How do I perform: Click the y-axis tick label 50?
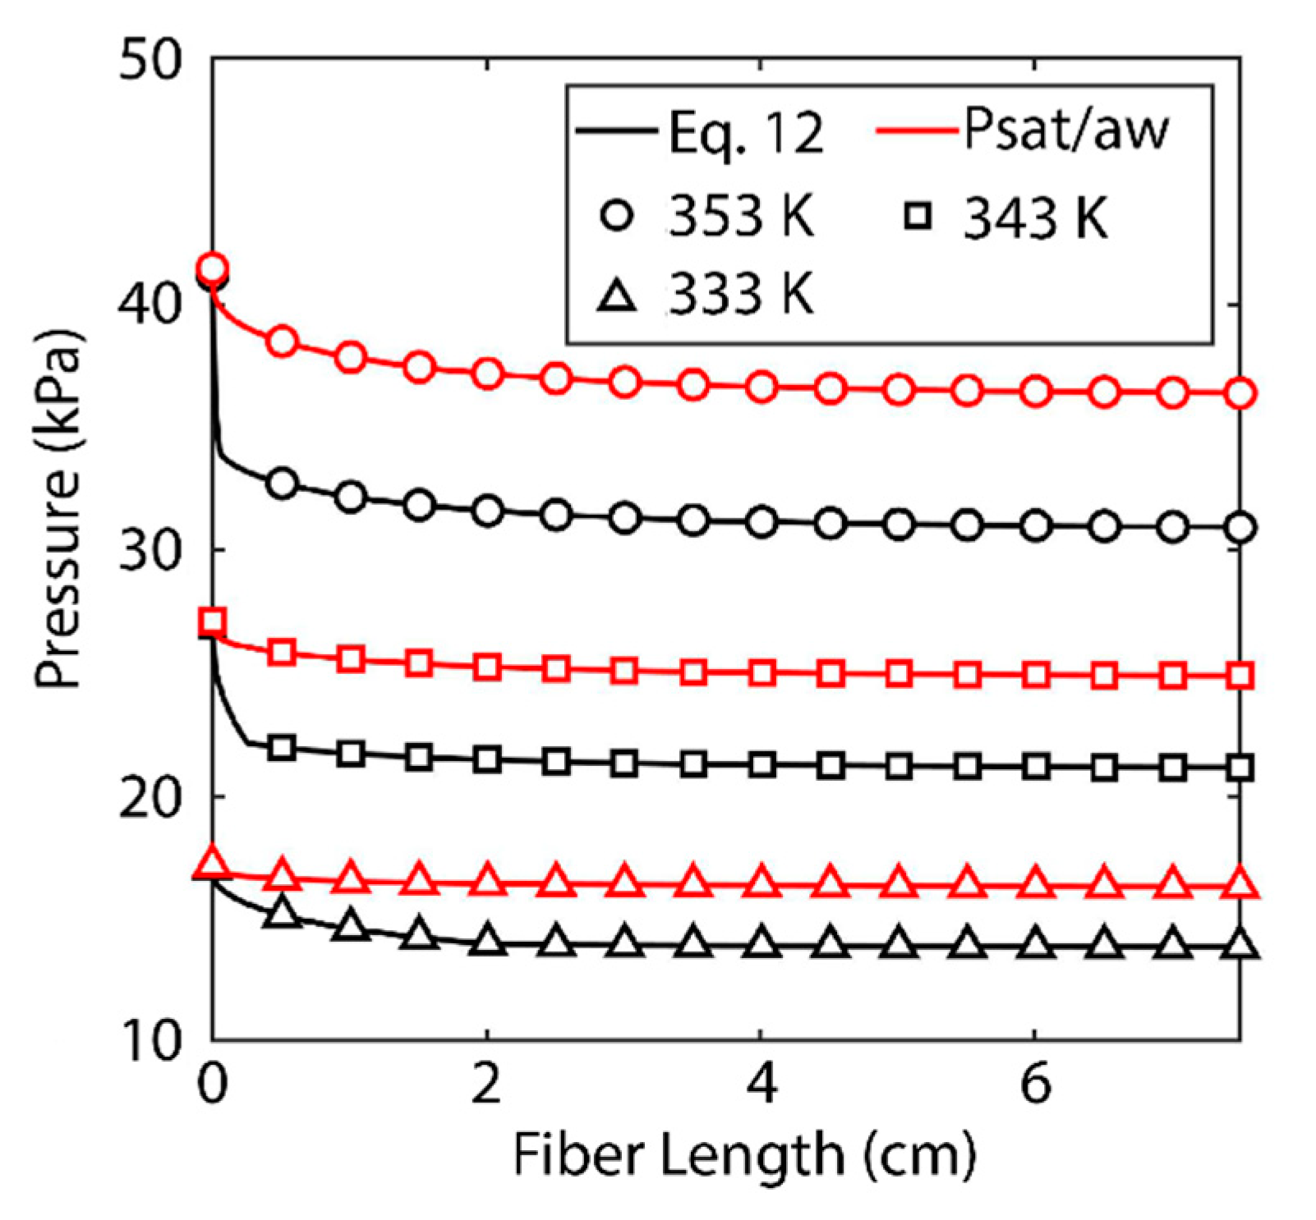coord(150,61)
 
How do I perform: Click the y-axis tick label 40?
coord(150,305)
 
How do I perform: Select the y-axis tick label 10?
coord(150,1041)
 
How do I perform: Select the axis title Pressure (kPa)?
coord(59,509)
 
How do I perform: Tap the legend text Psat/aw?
coord(1065,130)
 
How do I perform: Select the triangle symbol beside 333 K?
coord(618,296)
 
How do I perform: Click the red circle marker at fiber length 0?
coord(214,268)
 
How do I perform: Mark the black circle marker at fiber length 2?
coord(488,511)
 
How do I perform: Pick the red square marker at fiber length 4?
coord(762,673)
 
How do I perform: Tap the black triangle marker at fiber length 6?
coord(1037,945)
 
